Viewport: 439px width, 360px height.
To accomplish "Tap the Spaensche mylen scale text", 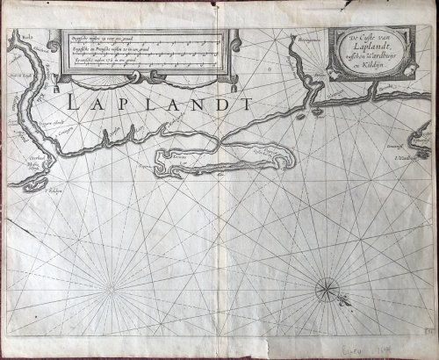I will tap(84, 62).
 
